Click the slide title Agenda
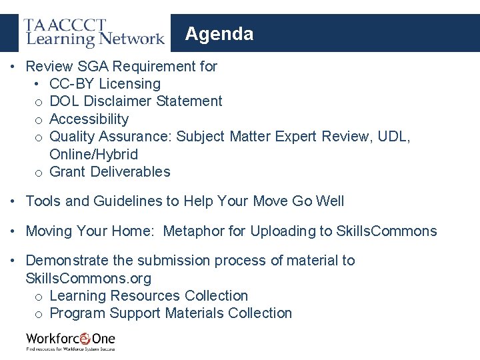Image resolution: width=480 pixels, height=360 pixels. point(219,34)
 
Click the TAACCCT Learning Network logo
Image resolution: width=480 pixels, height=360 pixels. point(94,33)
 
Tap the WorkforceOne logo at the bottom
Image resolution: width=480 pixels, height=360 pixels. point(70,341)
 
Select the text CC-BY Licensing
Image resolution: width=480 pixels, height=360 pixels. point(105,84)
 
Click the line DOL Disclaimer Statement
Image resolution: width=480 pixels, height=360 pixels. point(136,101)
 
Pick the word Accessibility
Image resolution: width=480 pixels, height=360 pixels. point(89,119)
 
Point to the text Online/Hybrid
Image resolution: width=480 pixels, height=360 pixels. point(93,155)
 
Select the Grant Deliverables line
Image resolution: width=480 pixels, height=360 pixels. point(110,172)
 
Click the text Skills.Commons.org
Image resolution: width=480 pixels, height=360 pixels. point(88,278)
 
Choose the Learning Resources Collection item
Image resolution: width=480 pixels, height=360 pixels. point(149,296)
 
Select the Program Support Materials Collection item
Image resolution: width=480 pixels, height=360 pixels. point(171,313)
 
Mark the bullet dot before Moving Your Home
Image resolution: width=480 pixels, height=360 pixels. point(13,231)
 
